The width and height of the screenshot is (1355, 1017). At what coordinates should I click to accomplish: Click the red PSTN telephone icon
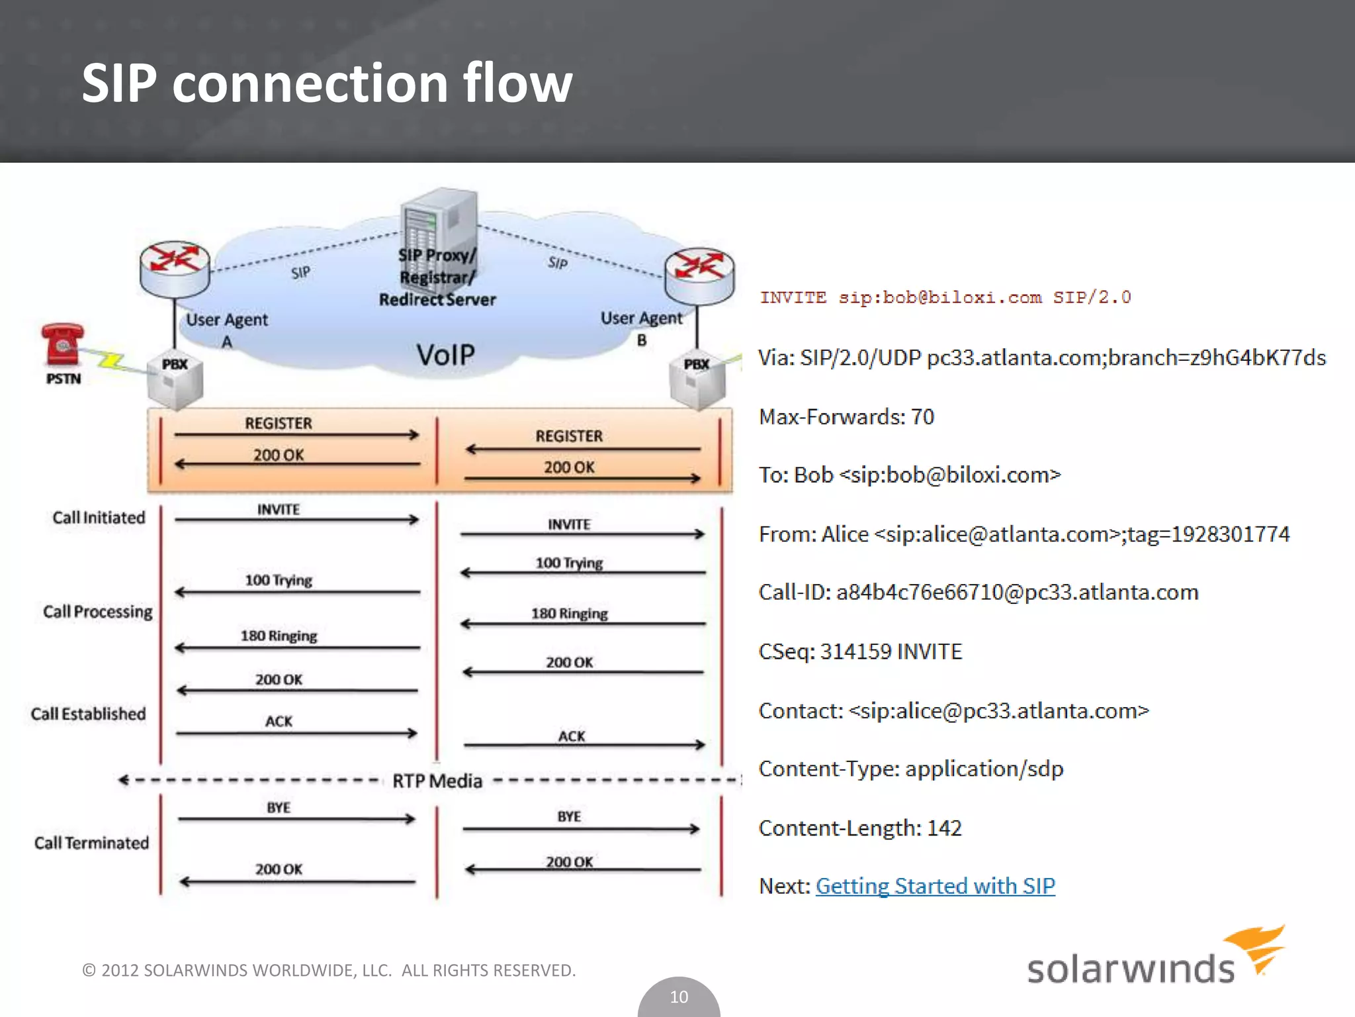coord(62,344)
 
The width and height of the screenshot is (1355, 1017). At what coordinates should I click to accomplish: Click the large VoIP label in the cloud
coord(445,355)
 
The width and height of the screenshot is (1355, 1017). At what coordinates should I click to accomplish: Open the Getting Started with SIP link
coord(935,886)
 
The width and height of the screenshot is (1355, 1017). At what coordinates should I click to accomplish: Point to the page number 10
coord(679,996)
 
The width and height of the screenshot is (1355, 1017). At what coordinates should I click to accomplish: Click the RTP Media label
coord(437,781)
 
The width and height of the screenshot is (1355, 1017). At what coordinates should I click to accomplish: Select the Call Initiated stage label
coord(99,518)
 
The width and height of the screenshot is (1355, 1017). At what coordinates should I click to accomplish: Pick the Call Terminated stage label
coord(91,843)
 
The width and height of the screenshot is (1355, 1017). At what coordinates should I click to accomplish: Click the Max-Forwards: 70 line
coord(846,416)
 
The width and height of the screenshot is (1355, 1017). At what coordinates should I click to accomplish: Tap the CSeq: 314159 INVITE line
coord(860,652)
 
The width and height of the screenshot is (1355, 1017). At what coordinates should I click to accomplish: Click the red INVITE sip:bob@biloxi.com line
coord(945,297)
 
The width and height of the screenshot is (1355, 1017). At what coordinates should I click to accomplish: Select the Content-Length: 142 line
coord(860,828)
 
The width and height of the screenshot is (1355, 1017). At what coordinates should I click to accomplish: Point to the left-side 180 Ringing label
coord(279,636)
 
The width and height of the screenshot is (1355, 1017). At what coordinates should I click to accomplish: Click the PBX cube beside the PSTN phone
coord(175,383)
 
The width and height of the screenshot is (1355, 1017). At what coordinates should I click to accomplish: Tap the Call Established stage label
coord(88,714)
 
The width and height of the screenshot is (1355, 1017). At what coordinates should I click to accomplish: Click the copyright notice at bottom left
coord(329,970)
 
